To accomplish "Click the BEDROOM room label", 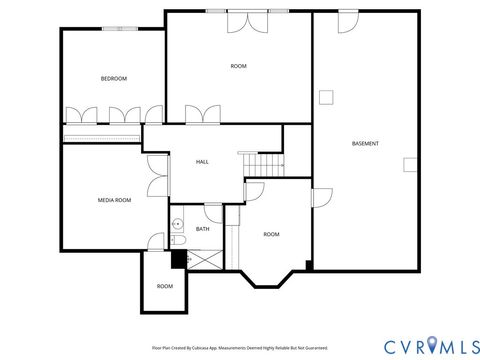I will [113, 79].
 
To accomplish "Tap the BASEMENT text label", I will [365, 144].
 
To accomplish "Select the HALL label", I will [202, 162].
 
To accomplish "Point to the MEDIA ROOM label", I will [114, 200].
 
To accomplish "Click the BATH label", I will [202, 229].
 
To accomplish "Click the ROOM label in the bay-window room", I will [271, 234].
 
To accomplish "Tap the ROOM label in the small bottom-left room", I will [165, 286].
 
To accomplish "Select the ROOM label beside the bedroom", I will [238, 66].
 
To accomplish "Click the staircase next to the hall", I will [265, 163].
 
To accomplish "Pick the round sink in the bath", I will [176, 225].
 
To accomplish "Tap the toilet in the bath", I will [177, 241].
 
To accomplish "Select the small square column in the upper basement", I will [326, 97].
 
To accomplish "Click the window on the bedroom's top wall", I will [126, 29].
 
